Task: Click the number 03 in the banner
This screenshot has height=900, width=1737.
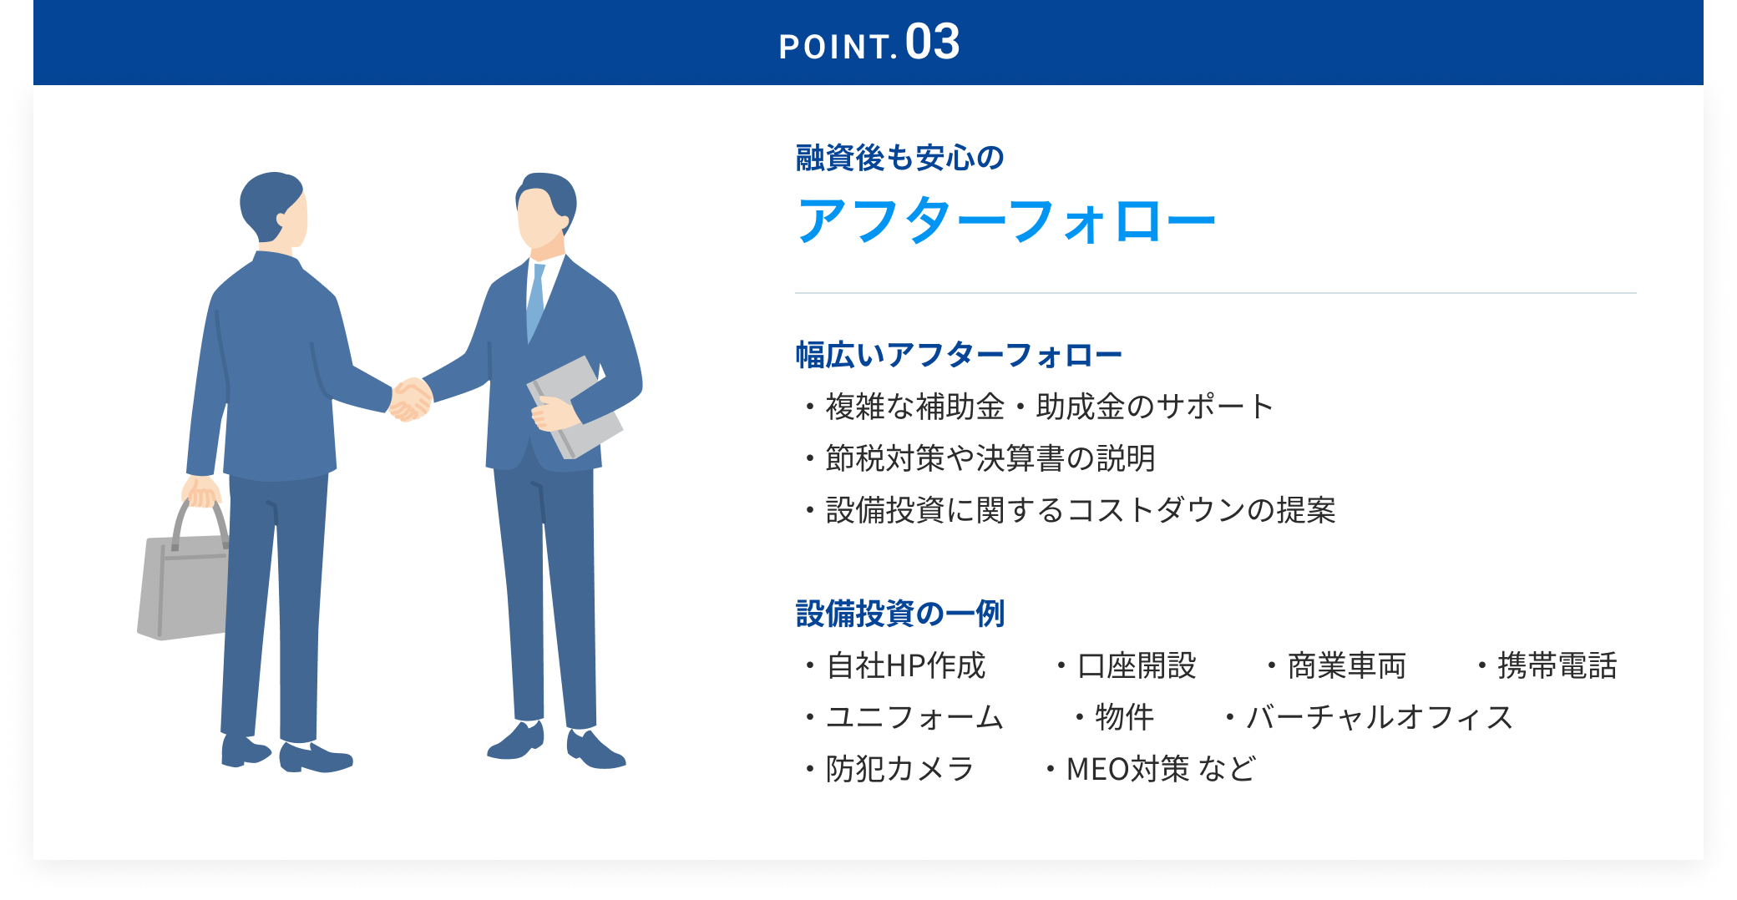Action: point(932,42)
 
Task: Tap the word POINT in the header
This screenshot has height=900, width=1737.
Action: point(835,48)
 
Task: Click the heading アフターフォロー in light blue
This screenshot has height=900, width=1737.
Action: point(1006,221)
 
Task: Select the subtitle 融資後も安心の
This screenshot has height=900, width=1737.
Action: point(900,158)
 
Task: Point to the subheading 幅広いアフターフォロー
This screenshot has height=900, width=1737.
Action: point(959,355)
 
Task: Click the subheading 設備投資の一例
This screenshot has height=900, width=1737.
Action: point(900,614)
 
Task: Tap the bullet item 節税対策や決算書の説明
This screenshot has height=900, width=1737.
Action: point(990,458)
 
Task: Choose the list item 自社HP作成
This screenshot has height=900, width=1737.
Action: point(906,665)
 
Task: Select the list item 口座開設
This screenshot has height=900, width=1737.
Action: point(1137,665)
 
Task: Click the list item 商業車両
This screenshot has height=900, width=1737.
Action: point(1347,665)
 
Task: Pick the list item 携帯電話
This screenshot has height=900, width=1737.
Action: point(1557,665)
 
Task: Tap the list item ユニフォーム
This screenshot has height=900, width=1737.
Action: point(914,717)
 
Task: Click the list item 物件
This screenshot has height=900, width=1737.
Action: point(1125,717)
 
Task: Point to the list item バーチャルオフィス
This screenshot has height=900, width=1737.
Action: point(1380,717)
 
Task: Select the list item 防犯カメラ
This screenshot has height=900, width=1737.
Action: point(900,769)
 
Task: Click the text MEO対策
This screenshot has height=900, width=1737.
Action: point(1128,769)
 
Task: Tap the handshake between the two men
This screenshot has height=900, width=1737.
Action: point(411,399)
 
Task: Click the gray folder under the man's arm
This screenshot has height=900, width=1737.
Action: point(575,407)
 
